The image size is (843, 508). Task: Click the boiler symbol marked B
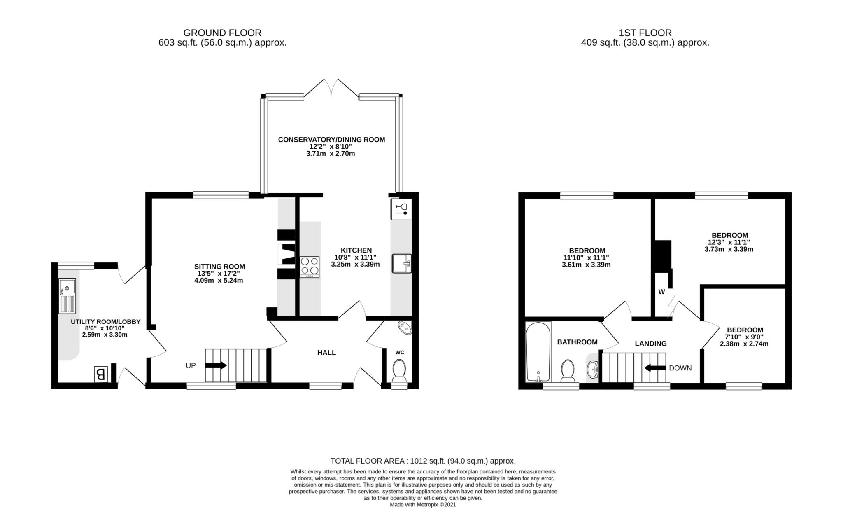coord(101,374)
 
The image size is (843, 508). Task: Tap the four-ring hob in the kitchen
coord(310,267)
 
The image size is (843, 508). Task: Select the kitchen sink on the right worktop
coord(401,264)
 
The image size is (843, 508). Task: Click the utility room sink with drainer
coord(67,296)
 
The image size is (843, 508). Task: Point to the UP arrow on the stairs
coord(216,365)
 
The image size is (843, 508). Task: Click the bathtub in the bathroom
coord(538,351)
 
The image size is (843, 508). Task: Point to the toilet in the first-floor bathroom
coord(568,370)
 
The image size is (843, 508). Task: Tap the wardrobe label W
coord(661,292)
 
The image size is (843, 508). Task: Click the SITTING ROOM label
coord(219,266)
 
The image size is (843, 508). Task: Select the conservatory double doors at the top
coord(331,88)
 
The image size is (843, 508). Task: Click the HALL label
coord(326,353)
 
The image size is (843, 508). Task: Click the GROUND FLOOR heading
coord(222,33)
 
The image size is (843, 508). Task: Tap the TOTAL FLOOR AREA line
coord(423,461)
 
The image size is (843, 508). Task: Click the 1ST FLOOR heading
coord(645,33)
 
